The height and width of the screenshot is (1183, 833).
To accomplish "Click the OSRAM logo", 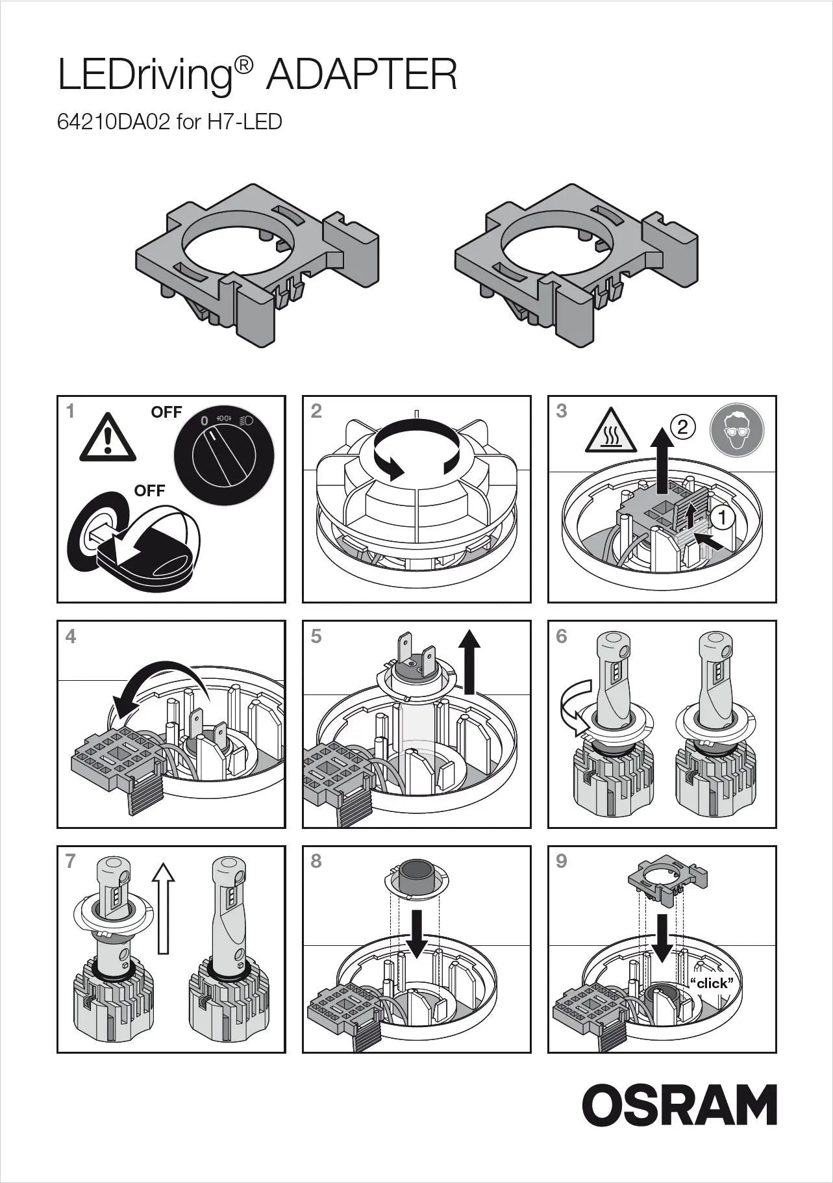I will click(679, 1104).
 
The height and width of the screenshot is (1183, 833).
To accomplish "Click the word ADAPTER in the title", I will click(361, 75).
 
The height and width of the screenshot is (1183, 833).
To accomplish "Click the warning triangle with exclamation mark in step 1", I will click(108, 439).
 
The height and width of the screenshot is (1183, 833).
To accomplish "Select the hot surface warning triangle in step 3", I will click(610, 433).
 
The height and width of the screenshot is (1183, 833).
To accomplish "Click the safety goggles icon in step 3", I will click(737, 429).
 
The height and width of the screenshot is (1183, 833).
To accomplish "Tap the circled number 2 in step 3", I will click(682, 427).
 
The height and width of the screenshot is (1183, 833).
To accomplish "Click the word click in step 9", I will click(712, 983).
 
